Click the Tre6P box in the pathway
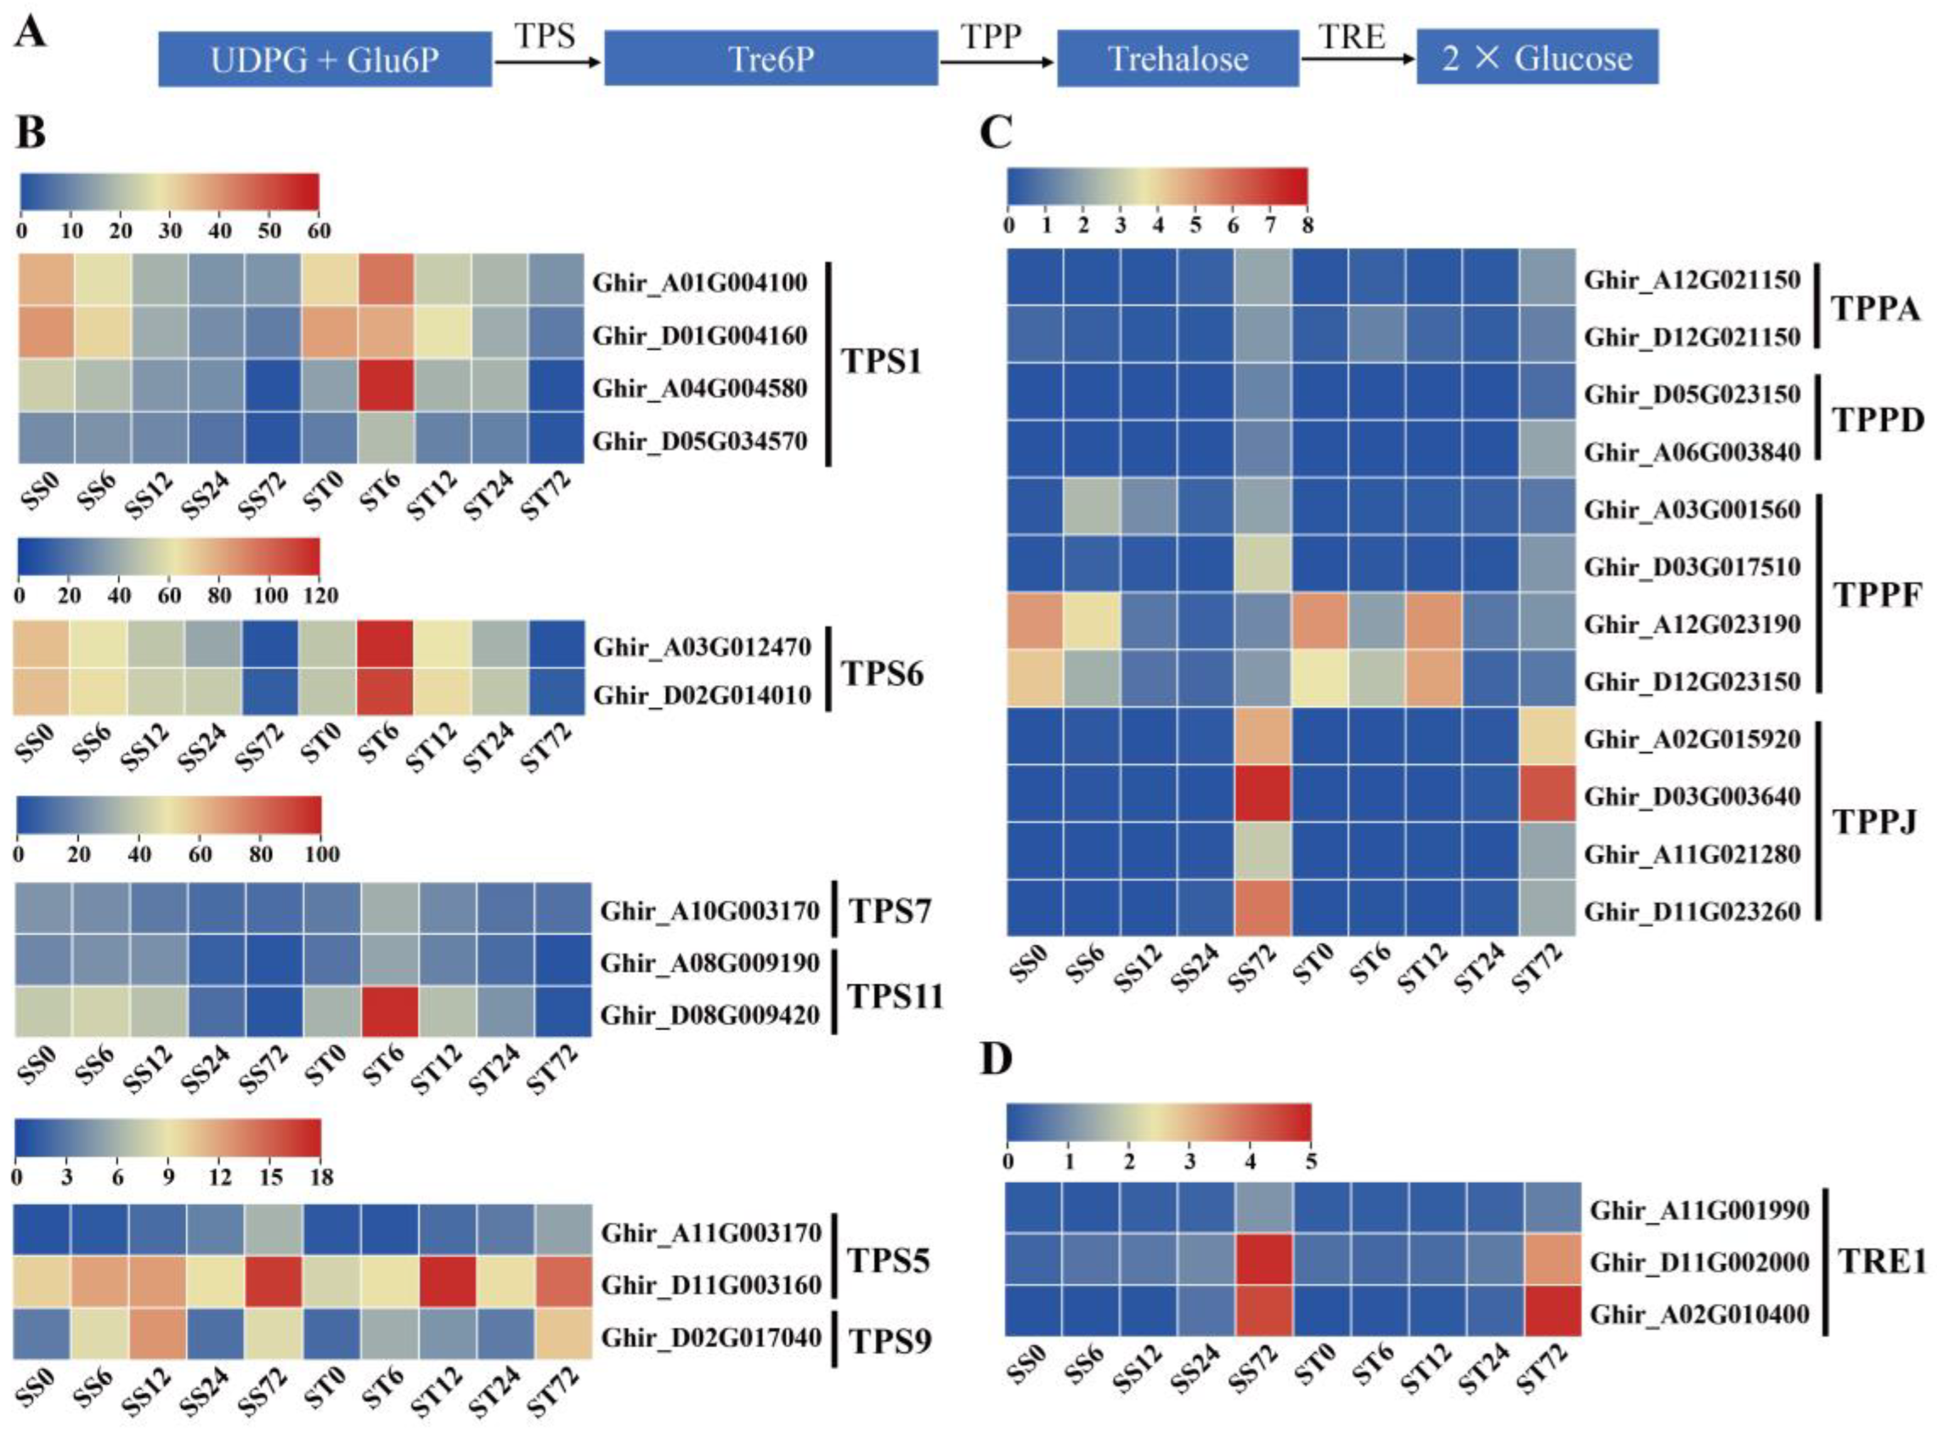771,59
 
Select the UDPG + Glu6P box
325,59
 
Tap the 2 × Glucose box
1537,57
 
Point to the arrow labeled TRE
1357,59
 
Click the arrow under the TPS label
547,61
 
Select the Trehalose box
1177,59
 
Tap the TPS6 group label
882,673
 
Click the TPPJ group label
1874,822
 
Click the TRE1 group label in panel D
1883,1262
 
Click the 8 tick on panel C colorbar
1307,225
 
